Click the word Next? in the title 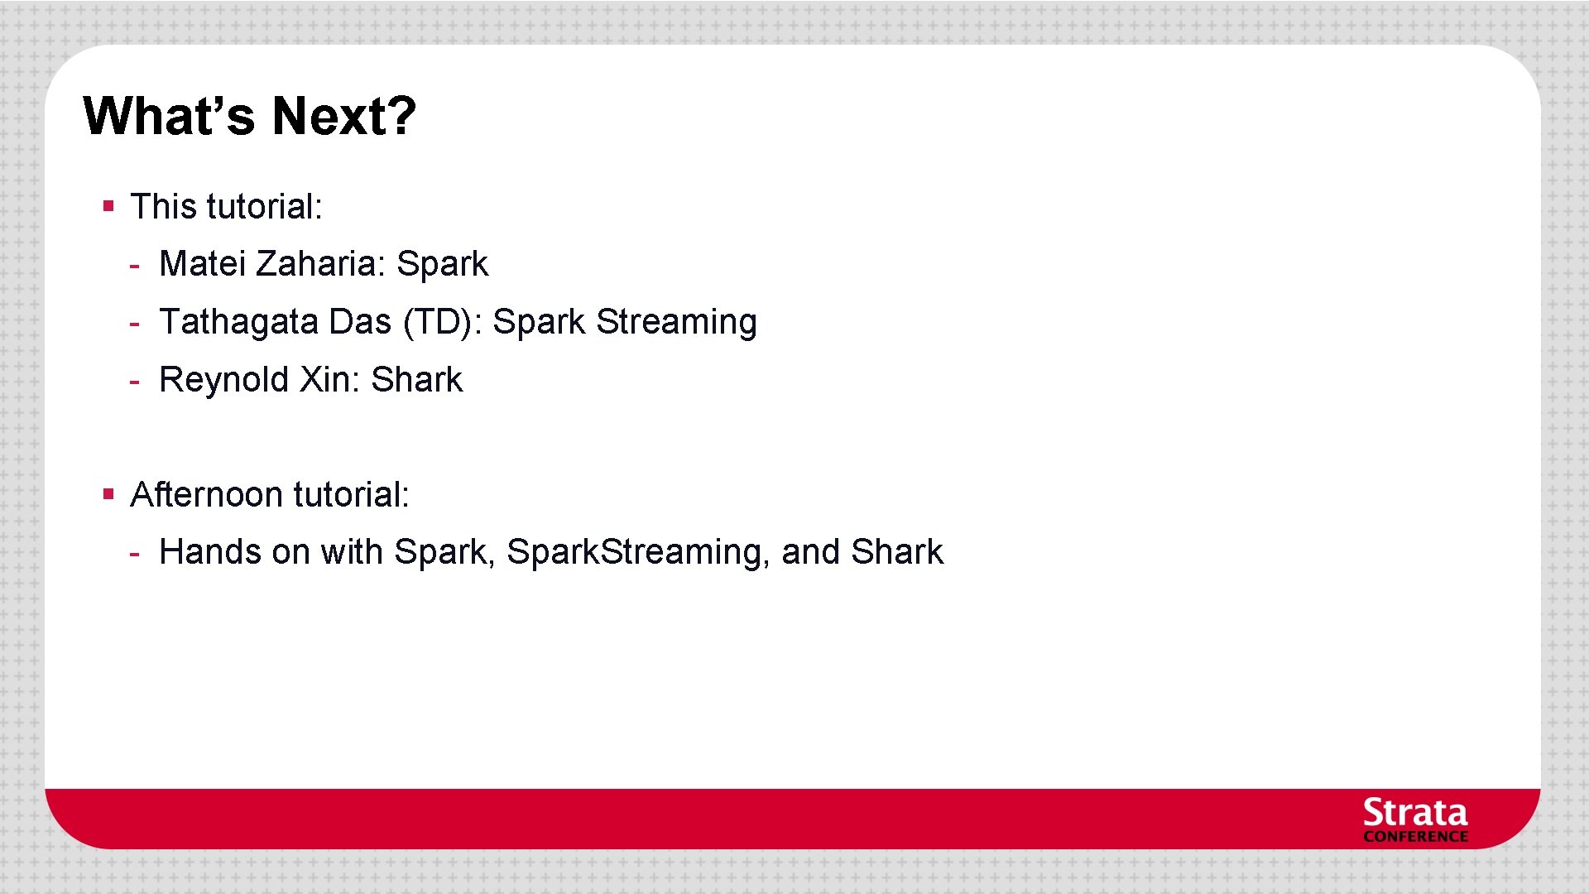point(343,116)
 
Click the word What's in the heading point(169,116)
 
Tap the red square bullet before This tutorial point(108,205)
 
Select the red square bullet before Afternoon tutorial point(108,494)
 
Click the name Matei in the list point(202,264)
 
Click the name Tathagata point(238,322)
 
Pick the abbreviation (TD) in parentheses point(442,322)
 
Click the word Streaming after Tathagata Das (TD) point(676,322)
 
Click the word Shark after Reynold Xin point(416,380)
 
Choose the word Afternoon point(207,495)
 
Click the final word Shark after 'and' point(896,552)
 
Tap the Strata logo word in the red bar point(1414,812)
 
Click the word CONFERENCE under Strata point(1414,837)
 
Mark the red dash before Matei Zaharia point(134,267)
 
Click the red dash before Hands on point(134,555)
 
